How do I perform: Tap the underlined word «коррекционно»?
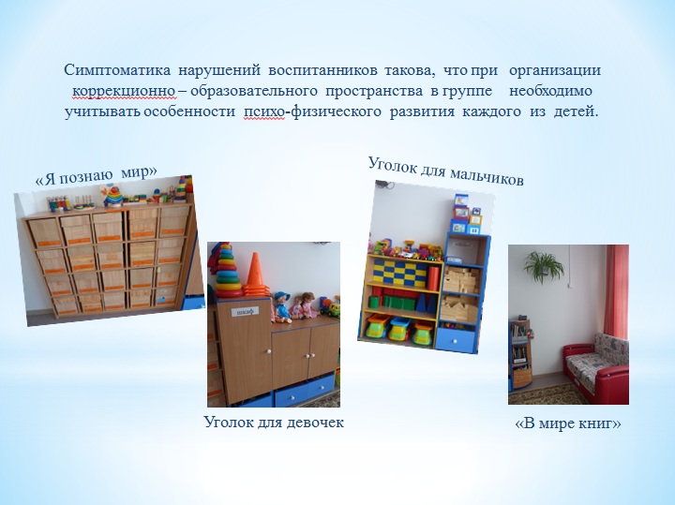124,91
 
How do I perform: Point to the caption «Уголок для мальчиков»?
446,171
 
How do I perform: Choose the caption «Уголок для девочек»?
274,422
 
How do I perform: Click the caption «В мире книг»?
568,423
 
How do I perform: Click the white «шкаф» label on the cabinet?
245,310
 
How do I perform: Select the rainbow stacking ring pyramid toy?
228,272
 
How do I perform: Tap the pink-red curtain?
616,291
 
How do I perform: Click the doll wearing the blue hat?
282,306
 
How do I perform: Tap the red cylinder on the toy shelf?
433,279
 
